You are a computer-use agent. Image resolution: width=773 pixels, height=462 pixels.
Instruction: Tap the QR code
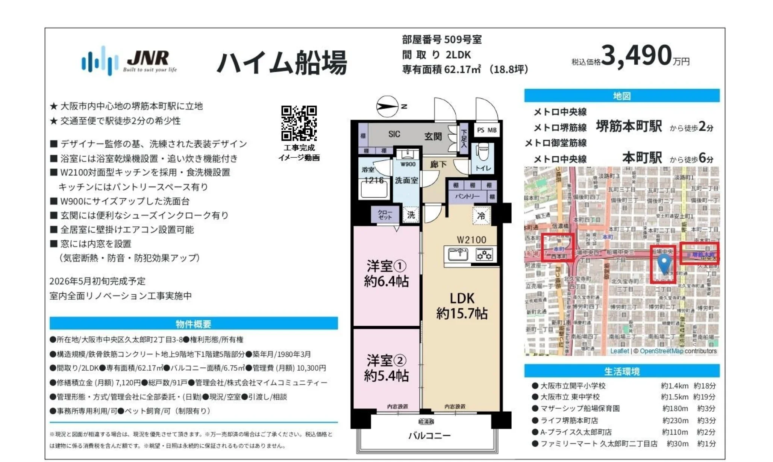(299, 123)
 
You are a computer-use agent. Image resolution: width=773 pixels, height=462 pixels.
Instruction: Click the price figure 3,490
(636, 56)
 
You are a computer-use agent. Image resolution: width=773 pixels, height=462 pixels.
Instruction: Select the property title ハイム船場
(282, 63)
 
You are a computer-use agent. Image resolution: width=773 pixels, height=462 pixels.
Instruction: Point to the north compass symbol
(388, 106)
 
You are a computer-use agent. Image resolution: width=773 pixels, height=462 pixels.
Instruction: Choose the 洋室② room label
(386, 361)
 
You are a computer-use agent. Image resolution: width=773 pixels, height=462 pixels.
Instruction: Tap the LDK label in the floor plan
(462, 298)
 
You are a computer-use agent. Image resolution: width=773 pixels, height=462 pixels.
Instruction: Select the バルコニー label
(429, 436)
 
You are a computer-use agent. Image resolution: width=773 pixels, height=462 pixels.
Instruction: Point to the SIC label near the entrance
(394, 134)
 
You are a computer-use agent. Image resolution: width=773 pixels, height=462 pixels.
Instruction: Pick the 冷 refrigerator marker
(481, 216)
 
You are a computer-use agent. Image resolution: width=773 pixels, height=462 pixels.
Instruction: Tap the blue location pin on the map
(664, 263)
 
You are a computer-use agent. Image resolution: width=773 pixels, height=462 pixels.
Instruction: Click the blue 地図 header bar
(622, 96)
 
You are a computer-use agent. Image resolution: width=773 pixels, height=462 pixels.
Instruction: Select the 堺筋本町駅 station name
(629, 127)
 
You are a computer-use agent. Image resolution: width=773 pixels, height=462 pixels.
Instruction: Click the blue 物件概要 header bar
(194, 324)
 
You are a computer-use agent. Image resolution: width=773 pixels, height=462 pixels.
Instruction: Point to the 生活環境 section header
(622, 371)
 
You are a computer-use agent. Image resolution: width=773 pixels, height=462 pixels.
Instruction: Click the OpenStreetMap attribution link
(661, 351)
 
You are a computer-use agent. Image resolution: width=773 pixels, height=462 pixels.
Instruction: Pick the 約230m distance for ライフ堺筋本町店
(675, 421)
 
